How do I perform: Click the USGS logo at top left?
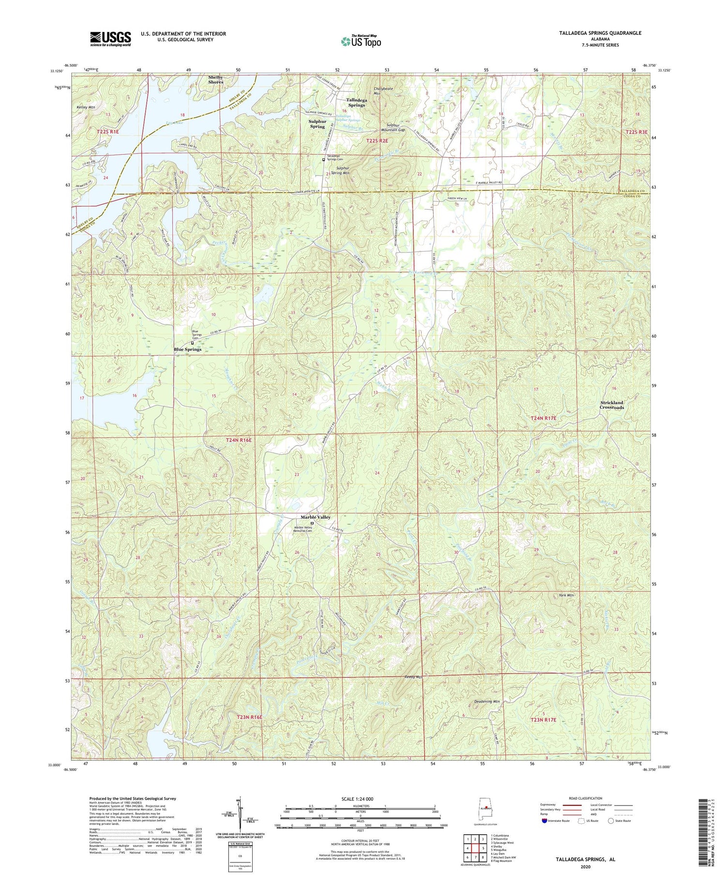[110, 39]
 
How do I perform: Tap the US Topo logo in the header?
[361, 42]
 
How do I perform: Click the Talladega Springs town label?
[356, 102]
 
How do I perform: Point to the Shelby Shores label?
[216, 79]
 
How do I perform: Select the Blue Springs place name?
[187, 349]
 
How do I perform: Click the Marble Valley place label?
[316, 517]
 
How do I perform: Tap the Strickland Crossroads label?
[612, 405]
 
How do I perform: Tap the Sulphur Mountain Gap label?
[393, 127]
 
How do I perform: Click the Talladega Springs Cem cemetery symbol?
[324, 160]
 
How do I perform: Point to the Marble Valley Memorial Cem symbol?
[312, 523]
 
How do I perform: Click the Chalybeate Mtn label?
[384, 91]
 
